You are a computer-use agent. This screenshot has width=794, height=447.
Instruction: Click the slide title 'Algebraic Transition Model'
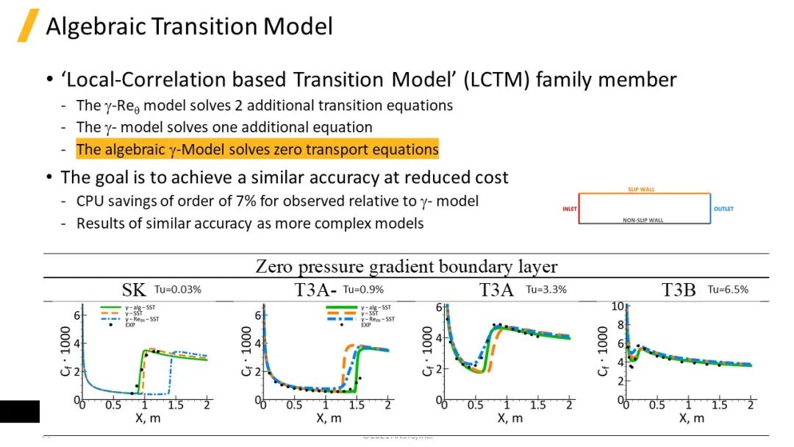tap(189, 27)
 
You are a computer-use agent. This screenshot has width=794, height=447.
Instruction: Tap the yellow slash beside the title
tap(28, 26)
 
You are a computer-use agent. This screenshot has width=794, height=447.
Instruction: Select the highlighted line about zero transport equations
tap(257, 150)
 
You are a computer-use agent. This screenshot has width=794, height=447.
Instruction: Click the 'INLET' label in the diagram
tap(569, 209)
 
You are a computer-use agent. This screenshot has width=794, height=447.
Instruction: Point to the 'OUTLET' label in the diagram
tap(723, 209)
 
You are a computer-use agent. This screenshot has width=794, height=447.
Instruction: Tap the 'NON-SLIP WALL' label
tap(644, 221)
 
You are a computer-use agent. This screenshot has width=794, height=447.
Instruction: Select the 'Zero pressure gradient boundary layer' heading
tap(407, 266)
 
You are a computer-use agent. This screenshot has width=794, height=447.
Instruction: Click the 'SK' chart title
tap(134, 290)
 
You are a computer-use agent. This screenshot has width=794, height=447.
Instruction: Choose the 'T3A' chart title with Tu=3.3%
tap(496, 290)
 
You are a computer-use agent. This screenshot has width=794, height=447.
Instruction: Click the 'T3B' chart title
tap(679, 290)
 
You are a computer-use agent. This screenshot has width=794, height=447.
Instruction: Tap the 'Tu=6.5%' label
tap(728, 290)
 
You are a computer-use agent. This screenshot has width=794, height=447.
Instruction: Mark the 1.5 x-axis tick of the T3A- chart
tap(357, 406)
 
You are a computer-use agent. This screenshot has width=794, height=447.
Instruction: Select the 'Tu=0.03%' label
tap(178, 290)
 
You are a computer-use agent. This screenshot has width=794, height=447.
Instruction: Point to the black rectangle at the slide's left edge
tap(20, 412)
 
